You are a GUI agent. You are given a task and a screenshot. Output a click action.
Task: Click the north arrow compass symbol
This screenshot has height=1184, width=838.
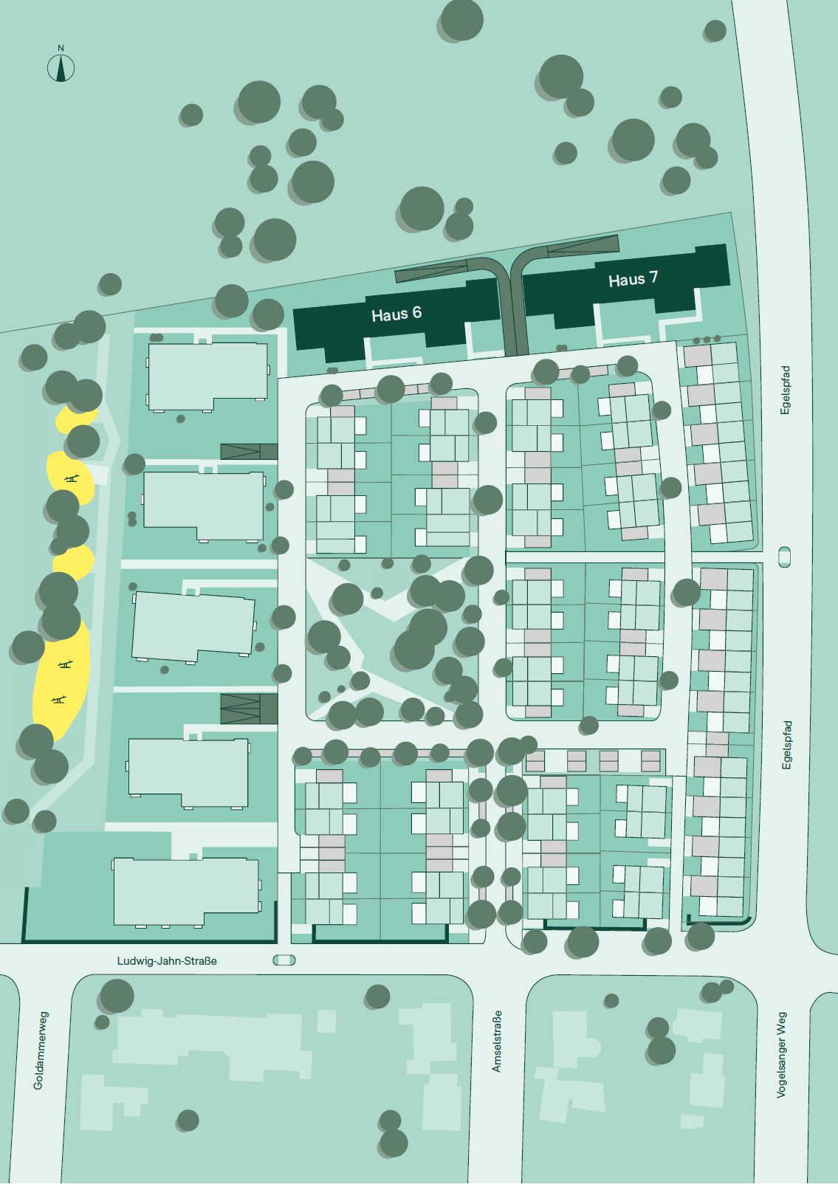[x=61, y=69]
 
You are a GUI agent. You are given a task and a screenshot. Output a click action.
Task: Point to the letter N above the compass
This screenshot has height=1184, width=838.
[x=61, y=48]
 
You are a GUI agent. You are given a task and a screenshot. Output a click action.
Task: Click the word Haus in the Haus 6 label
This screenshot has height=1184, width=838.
[x=389, y=315]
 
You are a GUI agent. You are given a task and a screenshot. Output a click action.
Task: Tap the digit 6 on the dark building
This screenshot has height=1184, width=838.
[x=417, y=312]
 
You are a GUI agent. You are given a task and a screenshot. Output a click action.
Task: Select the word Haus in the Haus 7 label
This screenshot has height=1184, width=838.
[x=626, y=280]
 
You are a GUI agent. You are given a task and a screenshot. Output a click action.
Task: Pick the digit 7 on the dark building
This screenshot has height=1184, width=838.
[x=653, y=278]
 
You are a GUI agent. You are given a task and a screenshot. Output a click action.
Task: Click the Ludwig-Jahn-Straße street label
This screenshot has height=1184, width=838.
[x=167, y=961]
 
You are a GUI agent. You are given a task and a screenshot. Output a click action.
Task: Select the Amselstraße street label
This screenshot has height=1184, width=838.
[x=497, y=1041]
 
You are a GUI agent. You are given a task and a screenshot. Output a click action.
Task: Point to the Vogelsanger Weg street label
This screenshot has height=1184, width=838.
[x=781, y=1055]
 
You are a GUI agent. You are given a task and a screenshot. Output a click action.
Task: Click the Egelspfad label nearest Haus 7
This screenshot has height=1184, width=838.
[x=786, y=390]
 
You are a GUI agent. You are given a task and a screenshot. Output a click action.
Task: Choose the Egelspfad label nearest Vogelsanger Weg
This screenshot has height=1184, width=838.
[x=787, y=745]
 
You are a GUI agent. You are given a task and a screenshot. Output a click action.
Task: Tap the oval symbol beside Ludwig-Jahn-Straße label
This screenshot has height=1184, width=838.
[x=284, y=960]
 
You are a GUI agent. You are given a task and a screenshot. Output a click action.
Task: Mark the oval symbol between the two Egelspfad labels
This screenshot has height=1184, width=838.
[x=785, y=557]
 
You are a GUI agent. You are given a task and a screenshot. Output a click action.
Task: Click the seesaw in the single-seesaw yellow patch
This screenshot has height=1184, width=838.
[x=71, y=478]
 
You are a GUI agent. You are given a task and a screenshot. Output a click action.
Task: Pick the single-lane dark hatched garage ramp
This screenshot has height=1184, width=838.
[x=249, y=451]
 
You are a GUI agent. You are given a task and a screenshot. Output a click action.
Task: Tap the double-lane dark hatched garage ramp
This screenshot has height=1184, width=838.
[x=249, y=709]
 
